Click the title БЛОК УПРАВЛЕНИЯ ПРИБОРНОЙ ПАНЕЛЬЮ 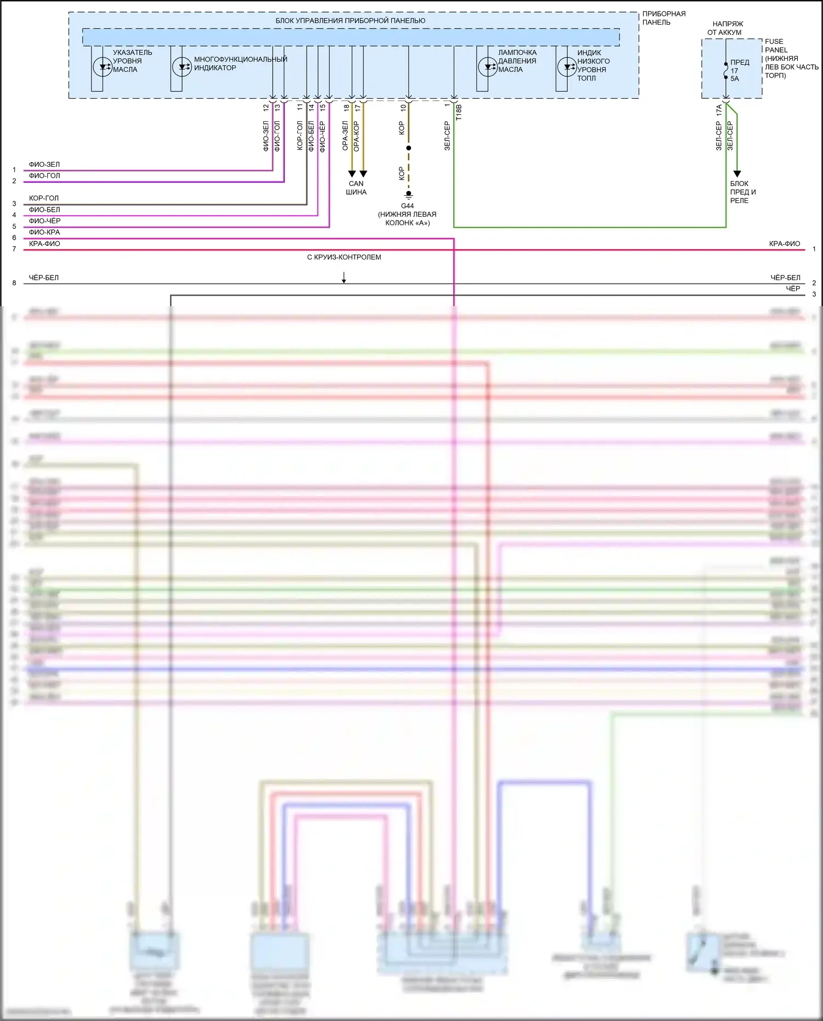(350, 21)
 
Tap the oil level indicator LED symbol (103, 67)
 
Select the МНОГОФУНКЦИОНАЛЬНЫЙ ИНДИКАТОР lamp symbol (182, 67)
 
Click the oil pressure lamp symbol (487, 67)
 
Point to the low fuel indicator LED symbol (567, 67)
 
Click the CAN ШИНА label (356, 188)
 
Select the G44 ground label (407, 206)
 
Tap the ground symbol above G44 (408, 194)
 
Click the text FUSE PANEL (776, 46)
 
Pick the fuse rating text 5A (735, 78)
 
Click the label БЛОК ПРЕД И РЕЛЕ (743, 192)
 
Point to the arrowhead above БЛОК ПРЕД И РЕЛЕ (737, 173)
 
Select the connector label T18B (459, 112)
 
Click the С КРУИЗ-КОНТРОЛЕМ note (344, 257)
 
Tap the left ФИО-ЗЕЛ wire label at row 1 (44, 165)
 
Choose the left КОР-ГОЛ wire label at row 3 (44, 198)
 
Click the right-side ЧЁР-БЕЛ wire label (785, 278)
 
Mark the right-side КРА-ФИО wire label (785, 244)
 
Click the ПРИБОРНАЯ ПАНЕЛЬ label (664, 18)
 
